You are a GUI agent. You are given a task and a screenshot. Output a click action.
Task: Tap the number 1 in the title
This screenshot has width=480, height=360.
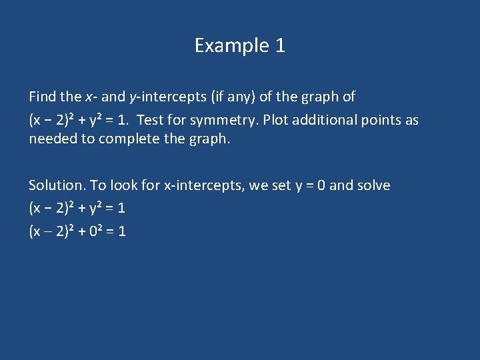point(280,45)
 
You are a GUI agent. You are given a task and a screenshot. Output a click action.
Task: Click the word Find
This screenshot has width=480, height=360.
point(43,97)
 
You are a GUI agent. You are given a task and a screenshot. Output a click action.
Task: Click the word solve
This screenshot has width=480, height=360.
point(373,185)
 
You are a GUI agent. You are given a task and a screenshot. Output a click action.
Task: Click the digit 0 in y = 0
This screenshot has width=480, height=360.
point(321,185)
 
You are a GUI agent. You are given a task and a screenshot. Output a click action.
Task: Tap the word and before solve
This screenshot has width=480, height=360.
point(341,185)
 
